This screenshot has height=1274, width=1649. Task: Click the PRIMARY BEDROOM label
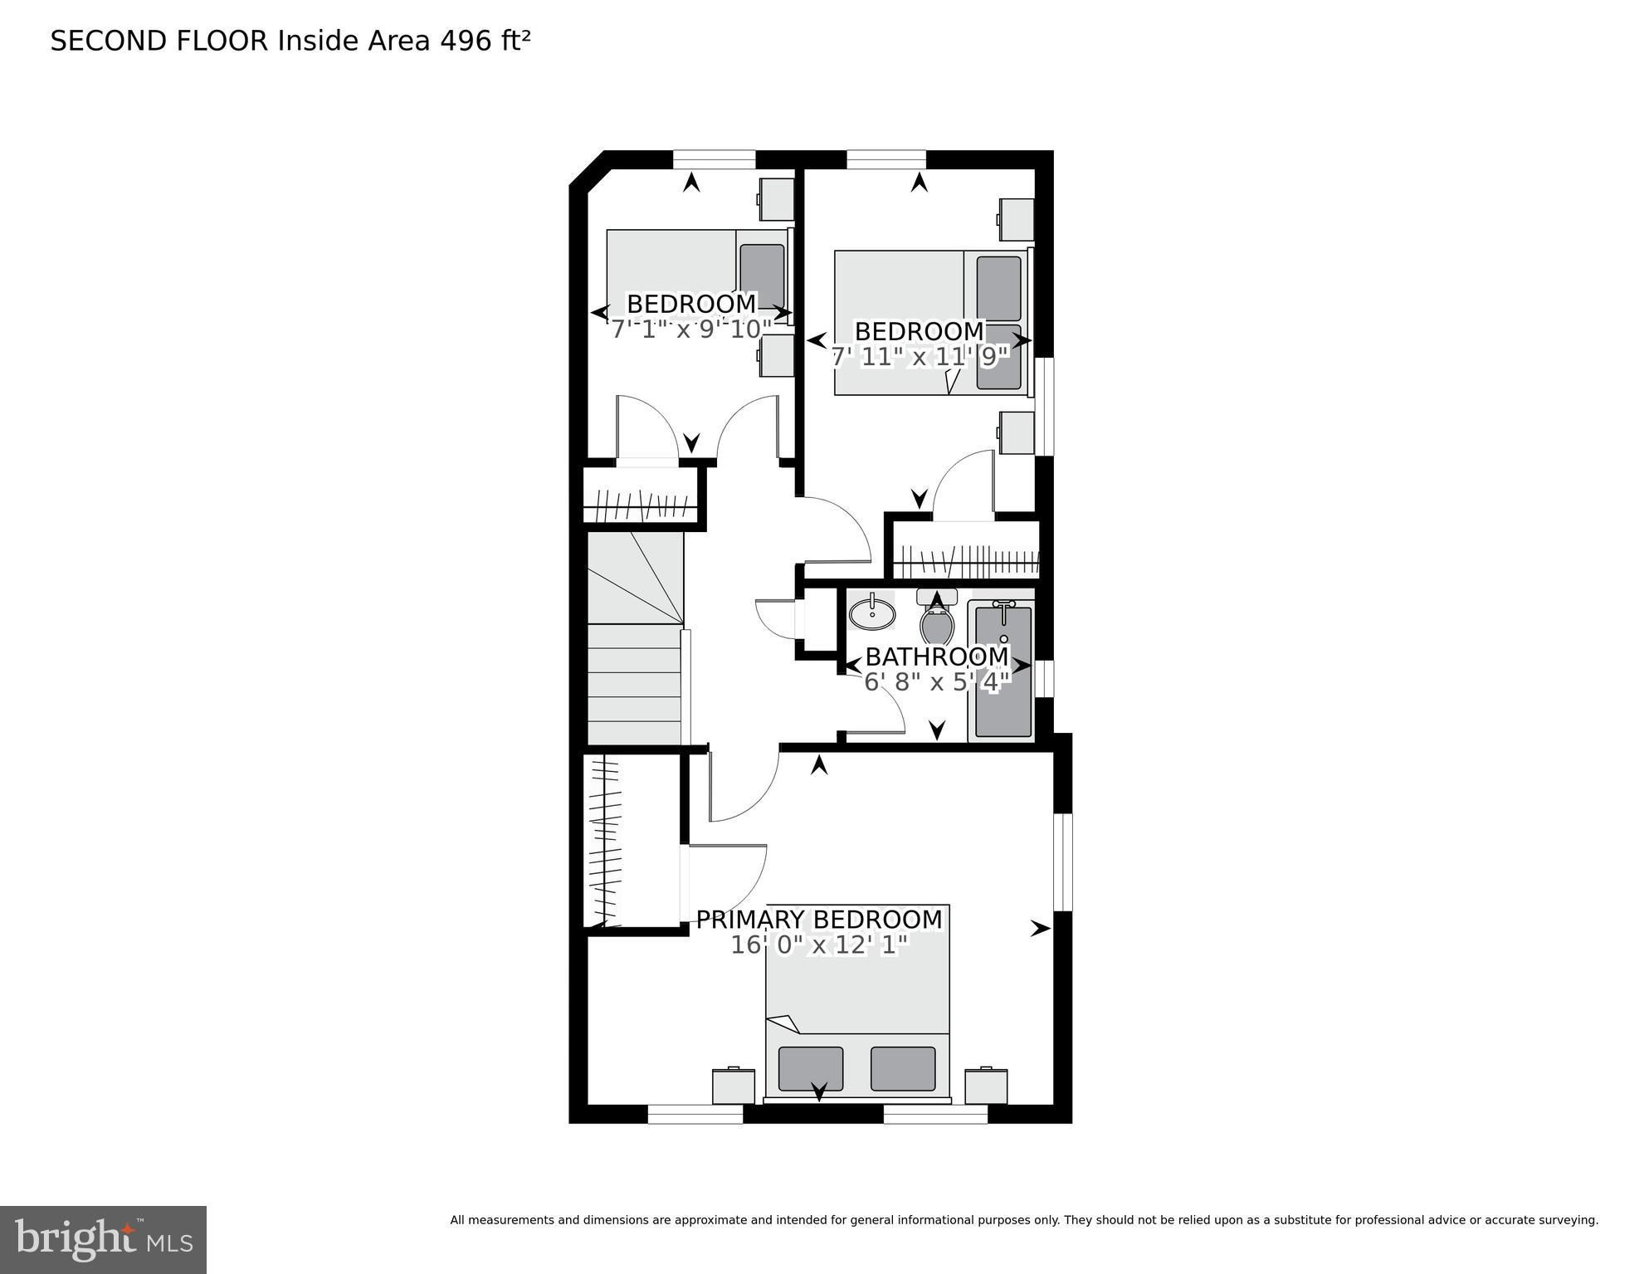[819, 920]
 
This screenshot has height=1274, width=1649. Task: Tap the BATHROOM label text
[937, 657]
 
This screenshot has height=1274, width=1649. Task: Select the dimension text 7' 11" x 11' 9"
[920, 357]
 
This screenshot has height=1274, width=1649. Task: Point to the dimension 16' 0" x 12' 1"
[819, 945]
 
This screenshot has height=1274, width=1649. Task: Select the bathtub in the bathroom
[1003, 671]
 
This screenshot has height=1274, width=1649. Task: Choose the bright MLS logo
[103, 1239]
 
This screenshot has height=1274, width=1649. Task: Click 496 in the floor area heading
[466, 41]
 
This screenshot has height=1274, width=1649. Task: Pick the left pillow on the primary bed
[811, 1068]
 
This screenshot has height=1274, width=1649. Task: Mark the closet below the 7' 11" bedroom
[966, 549]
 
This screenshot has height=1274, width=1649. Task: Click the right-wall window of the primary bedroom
[1063, 862]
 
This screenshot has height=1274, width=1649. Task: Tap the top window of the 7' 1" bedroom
[714, 159]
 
